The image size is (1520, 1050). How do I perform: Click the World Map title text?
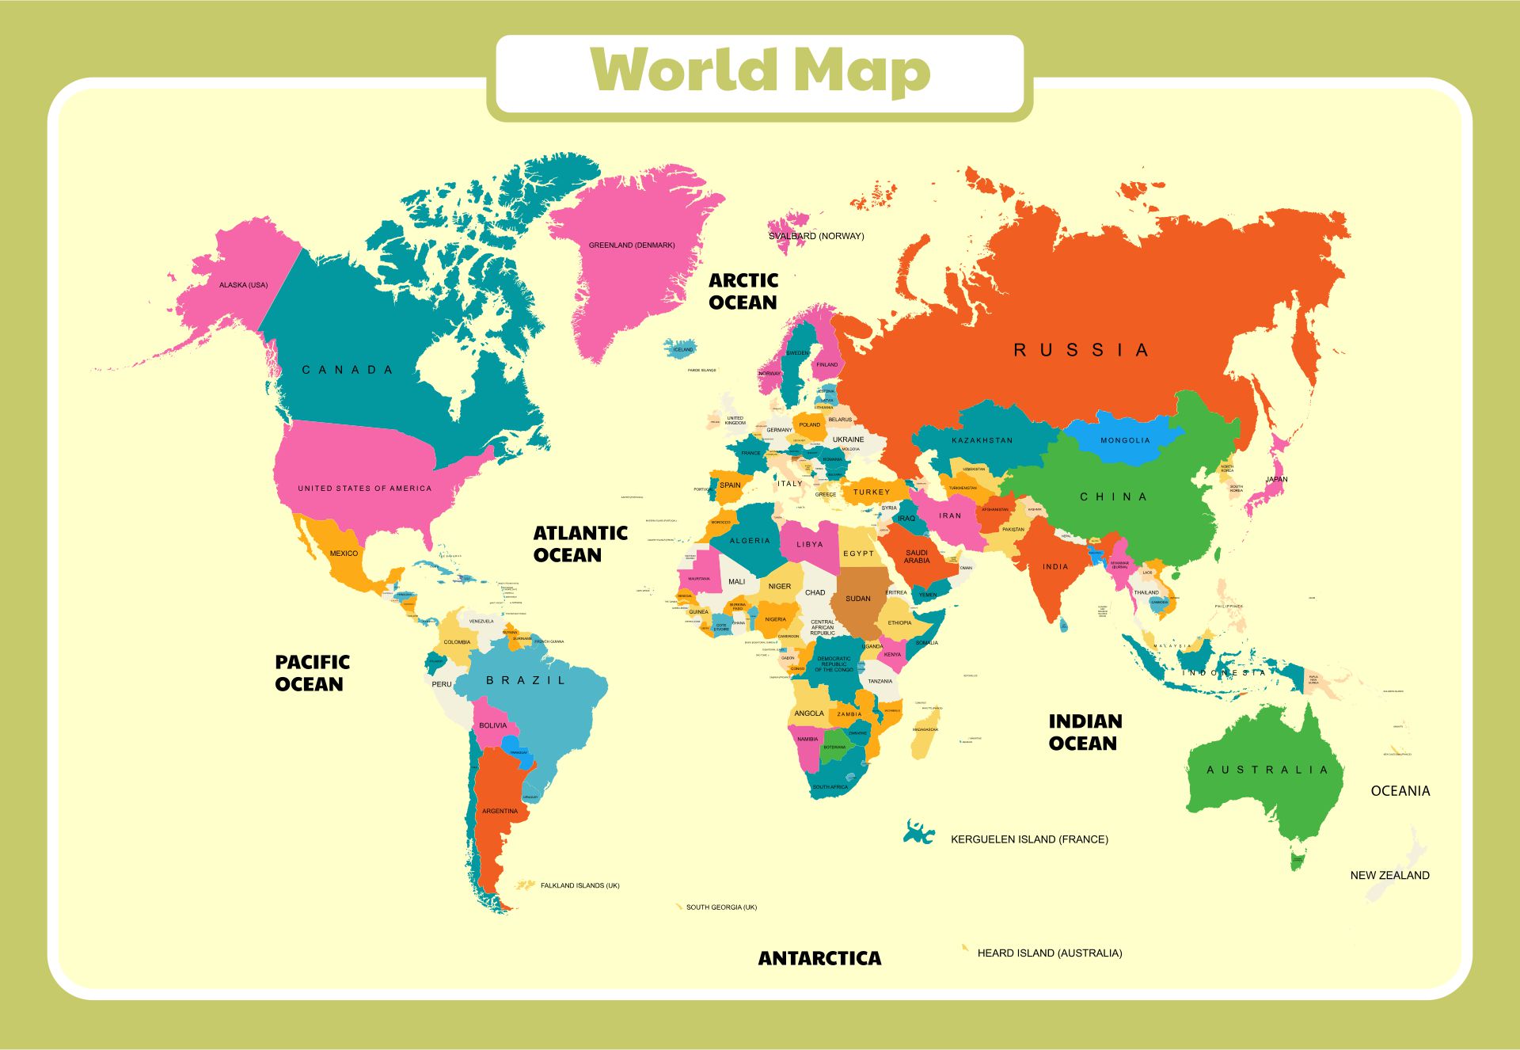click(x=760, y=71)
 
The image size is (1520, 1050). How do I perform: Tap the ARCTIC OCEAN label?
click(x=743, y=291)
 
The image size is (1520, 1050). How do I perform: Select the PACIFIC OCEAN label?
click(x=312, y=673)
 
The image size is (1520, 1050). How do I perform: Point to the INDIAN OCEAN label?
click(x=1085, y=732)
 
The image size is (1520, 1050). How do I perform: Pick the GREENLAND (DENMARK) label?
click(x=631, y=245)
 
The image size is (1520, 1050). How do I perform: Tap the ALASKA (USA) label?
click(x=243, y=285)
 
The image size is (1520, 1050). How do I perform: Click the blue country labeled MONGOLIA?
click(x=1124, y=440)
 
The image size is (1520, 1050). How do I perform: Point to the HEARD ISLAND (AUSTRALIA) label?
click(x=1049, y=953)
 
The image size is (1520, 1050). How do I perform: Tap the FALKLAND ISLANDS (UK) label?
click(x=579, y=886)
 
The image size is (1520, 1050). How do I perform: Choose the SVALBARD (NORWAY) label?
click(x=816, y=236)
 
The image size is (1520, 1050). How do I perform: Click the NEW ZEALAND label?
click(x=1389, y=876)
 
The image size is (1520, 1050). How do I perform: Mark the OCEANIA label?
click(x=1400, y=791)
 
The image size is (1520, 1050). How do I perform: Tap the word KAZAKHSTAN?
click(x=982, y=440)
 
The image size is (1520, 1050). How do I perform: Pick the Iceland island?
click(x=681, y=348)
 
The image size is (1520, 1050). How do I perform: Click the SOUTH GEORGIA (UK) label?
click(x=720, y=907)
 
